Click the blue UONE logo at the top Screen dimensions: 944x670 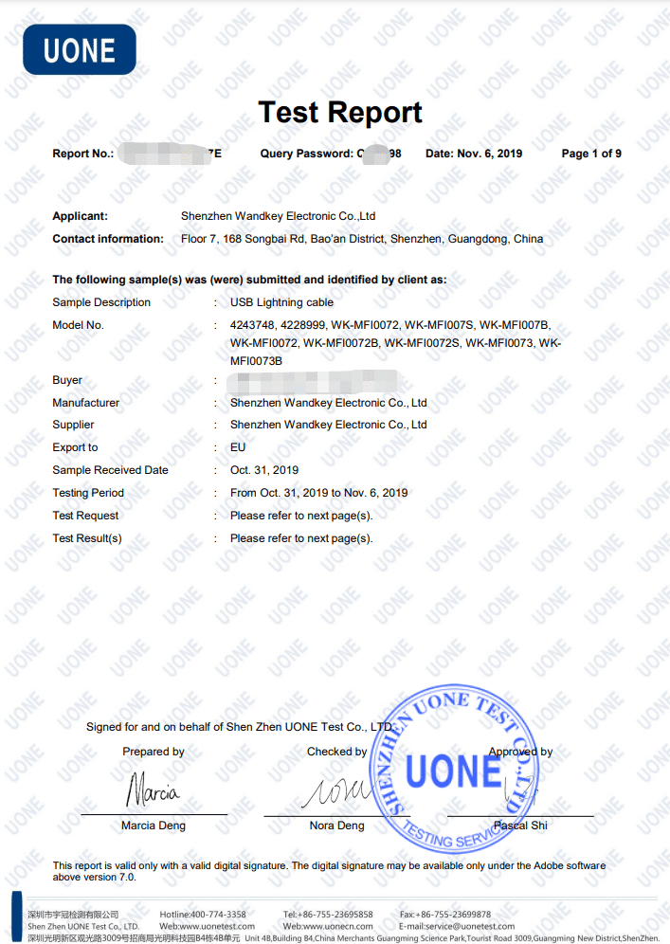[x=80, y=49]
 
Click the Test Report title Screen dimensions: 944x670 [x=340, y=112]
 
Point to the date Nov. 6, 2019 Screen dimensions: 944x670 [x=474, y=154]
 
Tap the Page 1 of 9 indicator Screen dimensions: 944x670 [x=591, y=154]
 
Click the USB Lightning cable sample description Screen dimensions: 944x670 [x=281, y=302]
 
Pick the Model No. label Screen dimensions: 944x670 [x=78, y=325]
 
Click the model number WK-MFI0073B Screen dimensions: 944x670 [x=256, y=361]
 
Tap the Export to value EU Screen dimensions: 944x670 [x=238, y=447]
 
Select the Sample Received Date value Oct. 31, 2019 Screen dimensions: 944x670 [x=264, y=470]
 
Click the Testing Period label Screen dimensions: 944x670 [x=88, y=493]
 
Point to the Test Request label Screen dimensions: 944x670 [x=85, y=516]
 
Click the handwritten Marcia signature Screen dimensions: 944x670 [x=153, y=789]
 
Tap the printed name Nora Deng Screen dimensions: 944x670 [x=336, y=826]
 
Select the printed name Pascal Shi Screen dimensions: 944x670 [x=520, y=826]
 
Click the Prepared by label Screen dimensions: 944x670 [x=154, y=752]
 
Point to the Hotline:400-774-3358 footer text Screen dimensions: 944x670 [x=203, y=915]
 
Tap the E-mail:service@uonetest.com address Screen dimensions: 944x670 [x=457, y=926]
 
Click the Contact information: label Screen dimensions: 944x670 [x=108, y=239]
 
